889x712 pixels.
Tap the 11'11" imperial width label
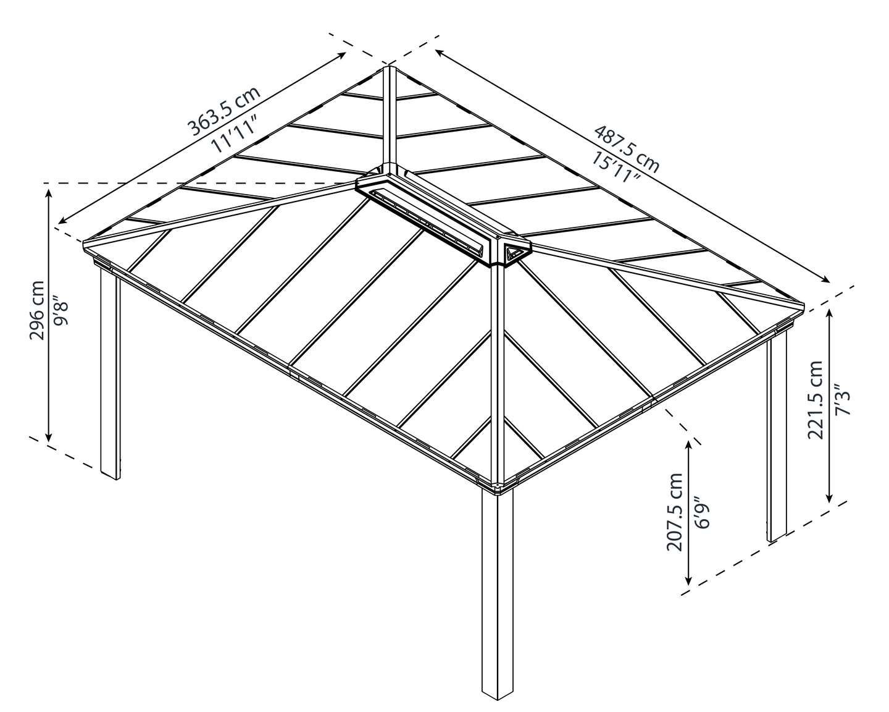coord(234,134)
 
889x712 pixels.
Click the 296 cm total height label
coord(36,310)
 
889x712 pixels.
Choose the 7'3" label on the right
coord(840,400)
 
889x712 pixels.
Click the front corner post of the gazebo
coord(497,593)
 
